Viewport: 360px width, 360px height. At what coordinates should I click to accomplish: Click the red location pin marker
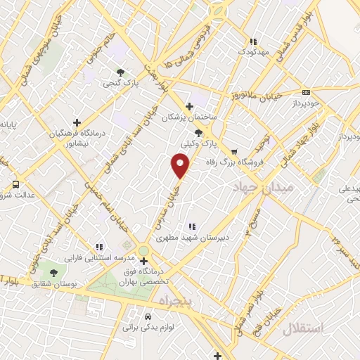pos(181,166)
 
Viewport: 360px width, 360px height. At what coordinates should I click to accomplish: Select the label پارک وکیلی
pos(197,143)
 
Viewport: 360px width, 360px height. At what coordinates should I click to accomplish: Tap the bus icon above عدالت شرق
pos(15,185)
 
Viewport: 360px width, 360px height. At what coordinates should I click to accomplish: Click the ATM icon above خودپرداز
pos(306,92)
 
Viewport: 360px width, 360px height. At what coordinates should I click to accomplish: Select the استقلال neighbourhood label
pos(304,328)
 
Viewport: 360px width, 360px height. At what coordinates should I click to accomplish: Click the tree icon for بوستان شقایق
pos(54,273)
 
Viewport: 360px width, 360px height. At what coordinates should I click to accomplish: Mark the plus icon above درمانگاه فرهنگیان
pos(77,122)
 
